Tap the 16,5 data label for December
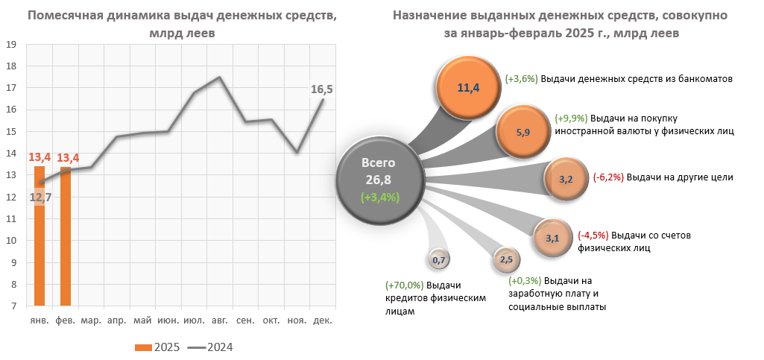tap(321, 89)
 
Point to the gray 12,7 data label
tap(40, 198)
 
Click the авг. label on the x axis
tap(220, 320)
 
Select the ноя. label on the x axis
tap(297, 320)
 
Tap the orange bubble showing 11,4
tap(467, 88)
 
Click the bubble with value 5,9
tap(523, 132)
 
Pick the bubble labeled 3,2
tap(565, 179)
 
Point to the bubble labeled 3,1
tap(552, 239)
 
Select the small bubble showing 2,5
tap(505, 259)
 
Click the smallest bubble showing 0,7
tap(438, 260)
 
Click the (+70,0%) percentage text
tap(405, 285)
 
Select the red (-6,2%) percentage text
tap(609, 177)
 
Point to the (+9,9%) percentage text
tap(572, 118)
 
